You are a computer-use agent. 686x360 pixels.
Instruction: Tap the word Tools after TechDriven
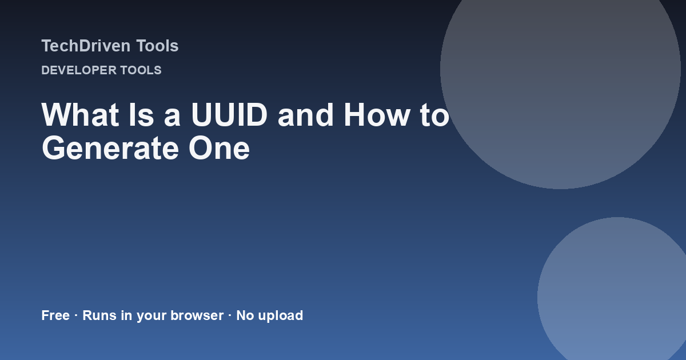157,46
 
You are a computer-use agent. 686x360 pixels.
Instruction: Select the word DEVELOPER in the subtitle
79,70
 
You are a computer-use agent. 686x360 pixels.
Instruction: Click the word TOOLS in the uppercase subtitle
141,70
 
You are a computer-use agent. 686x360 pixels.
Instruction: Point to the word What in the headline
80,115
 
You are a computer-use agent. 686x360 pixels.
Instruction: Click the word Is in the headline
141,115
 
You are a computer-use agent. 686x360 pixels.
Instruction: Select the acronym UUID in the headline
229,115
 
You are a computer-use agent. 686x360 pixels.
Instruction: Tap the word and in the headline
305,115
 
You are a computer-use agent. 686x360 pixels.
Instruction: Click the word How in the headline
377,115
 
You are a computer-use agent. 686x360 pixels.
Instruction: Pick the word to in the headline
435,115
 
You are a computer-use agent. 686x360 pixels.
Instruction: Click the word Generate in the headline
110,149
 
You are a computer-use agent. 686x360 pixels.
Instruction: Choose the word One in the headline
220,149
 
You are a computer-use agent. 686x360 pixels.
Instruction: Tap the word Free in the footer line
55,315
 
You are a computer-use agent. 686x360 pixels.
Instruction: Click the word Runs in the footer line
99,315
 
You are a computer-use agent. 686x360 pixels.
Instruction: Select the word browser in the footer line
197,315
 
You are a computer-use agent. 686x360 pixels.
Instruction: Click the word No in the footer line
245,315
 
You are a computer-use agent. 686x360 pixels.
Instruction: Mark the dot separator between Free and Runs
76,315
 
